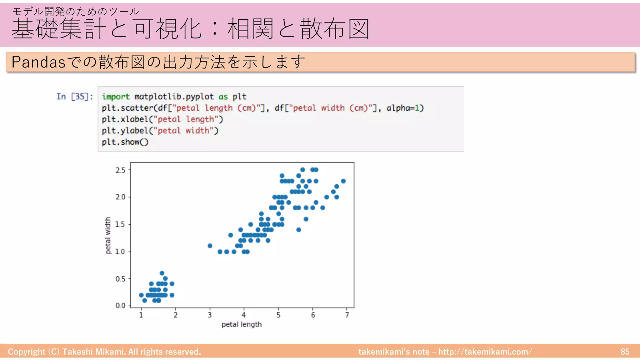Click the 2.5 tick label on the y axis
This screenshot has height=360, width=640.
pyautogui.click(x=120, y=170)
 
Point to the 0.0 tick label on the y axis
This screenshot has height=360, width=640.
pyautogui.click(x=120, y=306)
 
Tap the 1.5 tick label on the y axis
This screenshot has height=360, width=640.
pyautogui.click(x=120, y=224)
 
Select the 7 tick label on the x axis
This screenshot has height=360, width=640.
pyautogui.click(x=347, y=315)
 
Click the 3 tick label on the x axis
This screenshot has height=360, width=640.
pyautogui.click(x=210, y=315)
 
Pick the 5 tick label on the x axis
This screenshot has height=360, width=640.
pyautogui.click(x=278, y=315)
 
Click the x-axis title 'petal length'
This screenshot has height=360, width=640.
pyautogui.click(x=242, y=324)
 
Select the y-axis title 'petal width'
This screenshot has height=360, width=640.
pyautogui.click(x=108, y=235)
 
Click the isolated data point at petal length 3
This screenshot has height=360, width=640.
pyautogui.click(x=210, y=246)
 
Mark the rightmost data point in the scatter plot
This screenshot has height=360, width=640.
pyautogui.click(x=343, y=181)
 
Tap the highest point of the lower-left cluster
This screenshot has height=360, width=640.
pyautogui.click(x=162, y=273)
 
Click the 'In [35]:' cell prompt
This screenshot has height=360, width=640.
pyautogui.click(x=75, y=97)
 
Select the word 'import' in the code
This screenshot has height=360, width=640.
pyautogui.click(x=116, y=97)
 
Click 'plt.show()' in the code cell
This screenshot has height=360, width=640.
pyautogui.click(x=125, y=142)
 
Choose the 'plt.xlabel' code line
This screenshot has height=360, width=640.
pyautogui.click(x=162, y=119)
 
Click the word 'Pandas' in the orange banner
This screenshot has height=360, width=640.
pyautogui.click(x=38, y=62)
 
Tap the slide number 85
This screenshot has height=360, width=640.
pyautogui.click(x=625, y=352)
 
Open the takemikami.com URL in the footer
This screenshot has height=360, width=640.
pyautogui.click(x=485, y=352)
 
